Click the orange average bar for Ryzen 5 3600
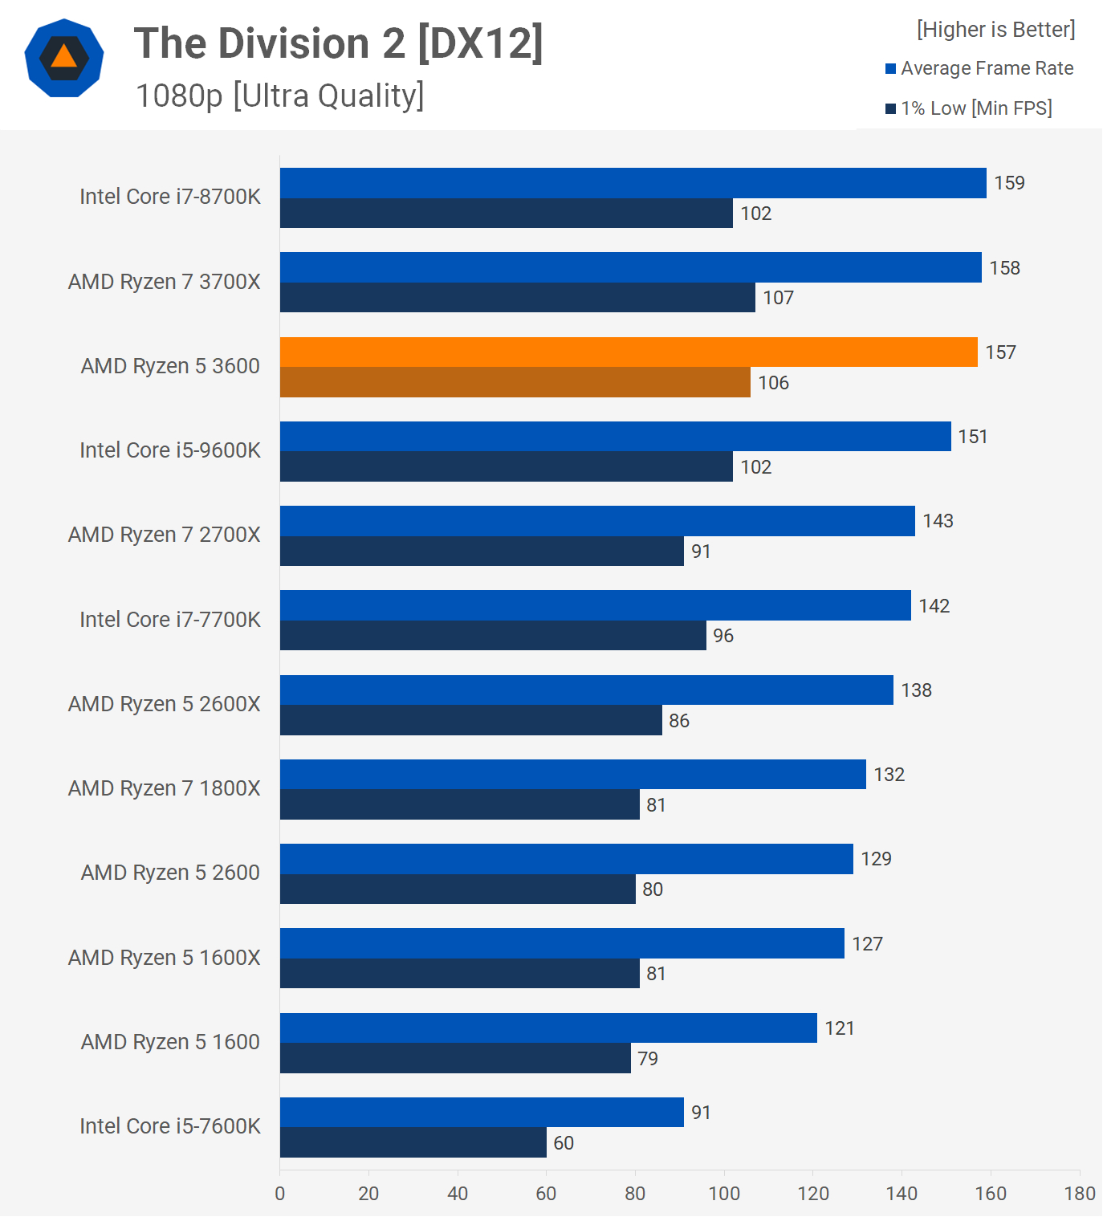coord(629,352)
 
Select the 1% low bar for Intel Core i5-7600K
coord(413,1142)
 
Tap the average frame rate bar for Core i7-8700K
coord(633,183)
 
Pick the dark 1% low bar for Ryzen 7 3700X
coord(517,298)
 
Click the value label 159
coord(1009,183)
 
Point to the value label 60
coord(564,1143)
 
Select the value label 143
coord(938,521)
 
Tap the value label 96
coord(723,636)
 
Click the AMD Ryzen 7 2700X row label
coord(165,535)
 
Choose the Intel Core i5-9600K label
coord(170,450)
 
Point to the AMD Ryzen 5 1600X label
coord(165,958)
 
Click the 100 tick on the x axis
coord(724,1194)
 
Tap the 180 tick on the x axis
coord(1080,1194)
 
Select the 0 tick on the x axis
coord(280,1194)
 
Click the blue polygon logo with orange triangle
coord(64,58)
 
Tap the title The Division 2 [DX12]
coord(338,43)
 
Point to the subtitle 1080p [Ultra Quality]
coord(279,96)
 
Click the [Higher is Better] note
coord(995,30)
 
